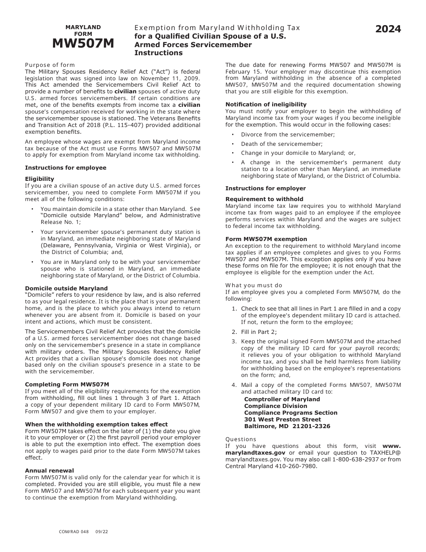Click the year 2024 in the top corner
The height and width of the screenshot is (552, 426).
[388, 30]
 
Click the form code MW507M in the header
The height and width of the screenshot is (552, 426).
[83, 44]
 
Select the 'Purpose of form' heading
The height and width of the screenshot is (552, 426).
[50, 65]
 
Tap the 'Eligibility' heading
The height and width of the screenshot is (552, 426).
[39, 179]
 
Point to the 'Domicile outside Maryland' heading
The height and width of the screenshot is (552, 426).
[66, 289]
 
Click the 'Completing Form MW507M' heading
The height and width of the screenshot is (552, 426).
[67, 385]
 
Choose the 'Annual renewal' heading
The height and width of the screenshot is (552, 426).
[49, 471]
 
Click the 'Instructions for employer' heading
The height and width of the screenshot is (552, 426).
[265, 188]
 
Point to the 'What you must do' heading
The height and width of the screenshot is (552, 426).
[254, 285]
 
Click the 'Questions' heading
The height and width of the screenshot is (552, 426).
[241, 439]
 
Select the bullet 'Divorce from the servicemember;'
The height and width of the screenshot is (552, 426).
[288, 135]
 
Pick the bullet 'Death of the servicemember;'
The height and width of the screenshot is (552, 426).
[282, 144]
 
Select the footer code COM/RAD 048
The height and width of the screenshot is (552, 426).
[74, 532]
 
